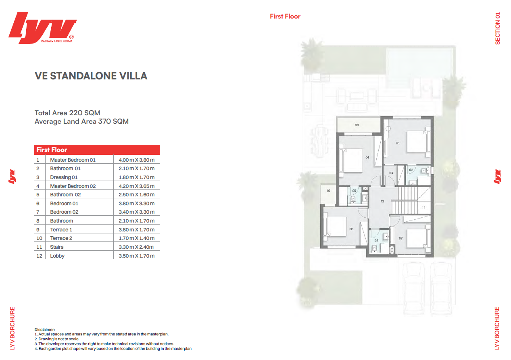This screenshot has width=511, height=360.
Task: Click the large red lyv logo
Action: (42, 27)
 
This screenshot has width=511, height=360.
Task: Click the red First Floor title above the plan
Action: (285, 17)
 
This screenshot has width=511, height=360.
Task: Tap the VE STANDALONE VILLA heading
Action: (91, 76)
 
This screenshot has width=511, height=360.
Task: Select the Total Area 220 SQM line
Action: (67, 113)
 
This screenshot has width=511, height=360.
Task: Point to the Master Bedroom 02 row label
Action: (73, 186)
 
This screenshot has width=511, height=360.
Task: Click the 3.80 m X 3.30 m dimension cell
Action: (136, 203)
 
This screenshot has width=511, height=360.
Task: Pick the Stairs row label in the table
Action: (57, 247)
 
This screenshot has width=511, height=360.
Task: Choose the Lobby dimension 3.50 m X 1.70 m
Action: (136, 256)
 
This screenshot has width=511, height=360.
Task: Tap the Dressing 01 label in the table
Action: (64, 177)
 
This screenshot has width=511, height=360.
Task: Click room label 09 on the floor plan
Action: (357, 125)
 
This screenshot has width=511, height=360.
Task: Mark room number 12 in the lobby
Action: (382, 201)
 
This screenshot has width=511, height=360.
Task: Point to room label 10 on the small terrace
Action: (328, 191)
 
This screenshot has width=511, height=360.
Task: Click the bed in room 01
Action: (417, 142)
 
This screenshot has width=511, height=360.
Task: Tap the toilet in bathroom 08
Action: (374, 248)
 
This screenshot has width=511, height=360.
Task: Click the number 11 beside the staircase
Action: (423, 208)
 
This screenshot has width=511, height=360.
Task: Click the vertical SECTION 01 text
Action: (498, 28)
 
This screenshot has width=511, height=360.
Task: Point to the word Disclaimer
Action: (45, 329)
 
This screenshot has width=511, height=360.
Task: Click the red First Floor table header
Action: (97, 150)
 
